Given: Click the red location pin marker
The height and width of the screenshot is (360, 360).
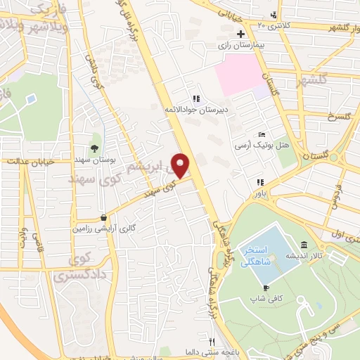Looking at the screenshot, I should tap(181, 165).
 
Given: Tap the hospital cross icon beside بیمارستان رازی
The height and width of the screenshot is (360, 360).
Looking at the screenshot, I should tap(240, 34).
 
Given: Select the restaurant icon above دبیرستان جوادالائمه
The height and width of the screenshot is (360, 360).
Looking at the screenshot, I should tap(197, 98).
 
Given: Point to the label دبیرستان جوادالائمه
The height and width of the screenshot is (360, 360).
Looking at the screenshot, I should tap(198, 110).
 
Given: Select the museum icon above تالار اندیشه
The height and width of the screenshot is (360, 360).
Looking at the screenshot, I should tap(303, 245).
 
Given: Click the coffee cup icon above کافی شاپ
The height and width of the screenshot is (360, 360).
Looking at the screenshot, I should tap(266, 288).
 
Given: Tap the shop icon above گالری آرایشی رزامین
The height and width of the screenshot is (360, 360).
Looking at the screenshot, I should tap(104, 218).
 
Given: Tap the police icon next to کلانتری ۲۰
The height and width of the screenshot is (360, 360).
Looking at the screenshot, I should tap(274, 15).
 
